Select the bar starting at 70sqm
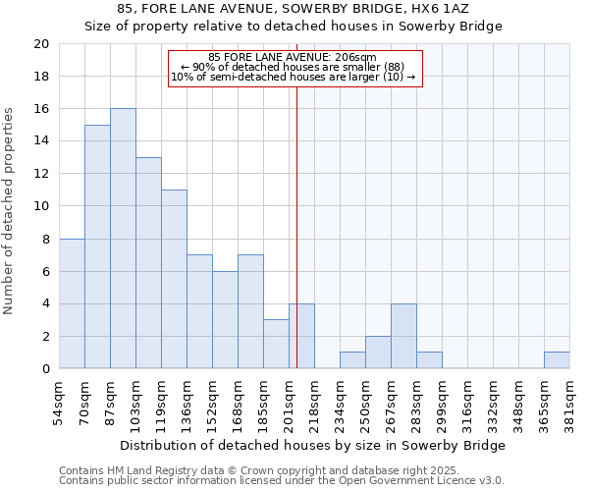[97, 246]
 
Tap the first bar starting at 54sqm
[72, 303]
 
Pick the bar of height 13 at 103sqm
[148, 263]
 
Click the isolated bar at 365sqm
[557, 360]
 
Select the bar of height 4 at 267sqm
[403, 336]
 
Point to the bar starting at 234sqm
[352, 360]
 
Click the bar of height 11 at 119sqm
[174, 279]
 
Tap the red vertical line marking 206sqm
[296, 245]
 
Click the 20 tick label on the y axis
[40, 44]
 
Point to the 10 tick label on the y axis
[40, 206]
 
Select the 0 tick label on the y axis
[44, 369]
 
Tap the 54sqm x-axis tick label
[60, 402]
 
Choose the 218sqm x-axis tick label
[315, 404]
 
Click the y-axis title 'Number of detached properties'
[9, 211]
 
